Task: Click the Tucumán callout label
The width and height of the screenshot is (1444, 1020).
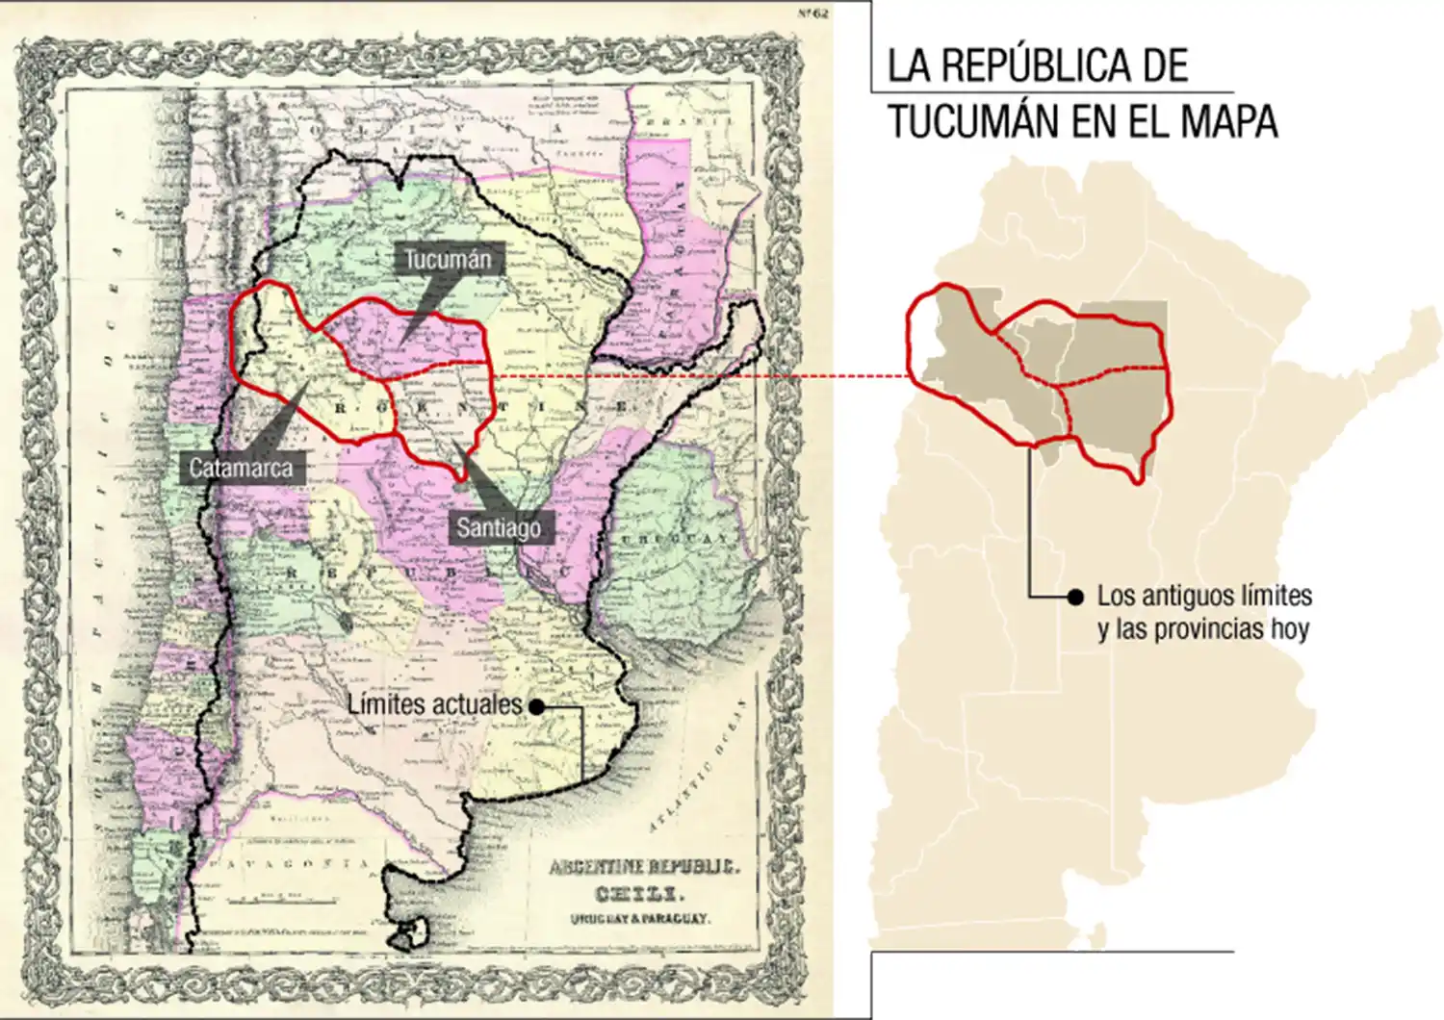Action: pos(448,259)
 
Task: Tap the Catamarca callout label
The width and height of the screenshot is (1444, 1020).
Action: pos(241,469)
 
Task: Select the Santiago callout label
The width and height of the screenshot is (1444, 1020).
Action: pos(499,527)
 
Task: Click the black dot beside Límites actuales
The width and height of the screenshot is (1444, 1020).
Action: pos(537,706)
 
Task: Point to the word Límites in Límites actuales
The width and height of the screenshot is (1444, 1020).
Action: pos(386,704)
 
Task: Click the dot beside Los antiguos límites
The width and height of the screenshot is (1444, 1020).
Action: pos(1075,598)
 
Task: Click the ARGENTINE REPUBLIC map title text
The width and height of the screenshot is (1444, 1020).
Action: pos(644,867)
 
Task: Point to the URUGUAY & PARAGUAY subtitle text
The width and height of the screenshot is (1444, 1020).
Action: pos(640,918)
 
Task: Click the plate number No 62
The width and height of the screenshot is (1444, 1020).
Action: pos(813,13)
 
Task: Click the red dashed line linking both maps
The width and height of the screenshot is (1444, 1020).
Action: pos(703,376)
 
